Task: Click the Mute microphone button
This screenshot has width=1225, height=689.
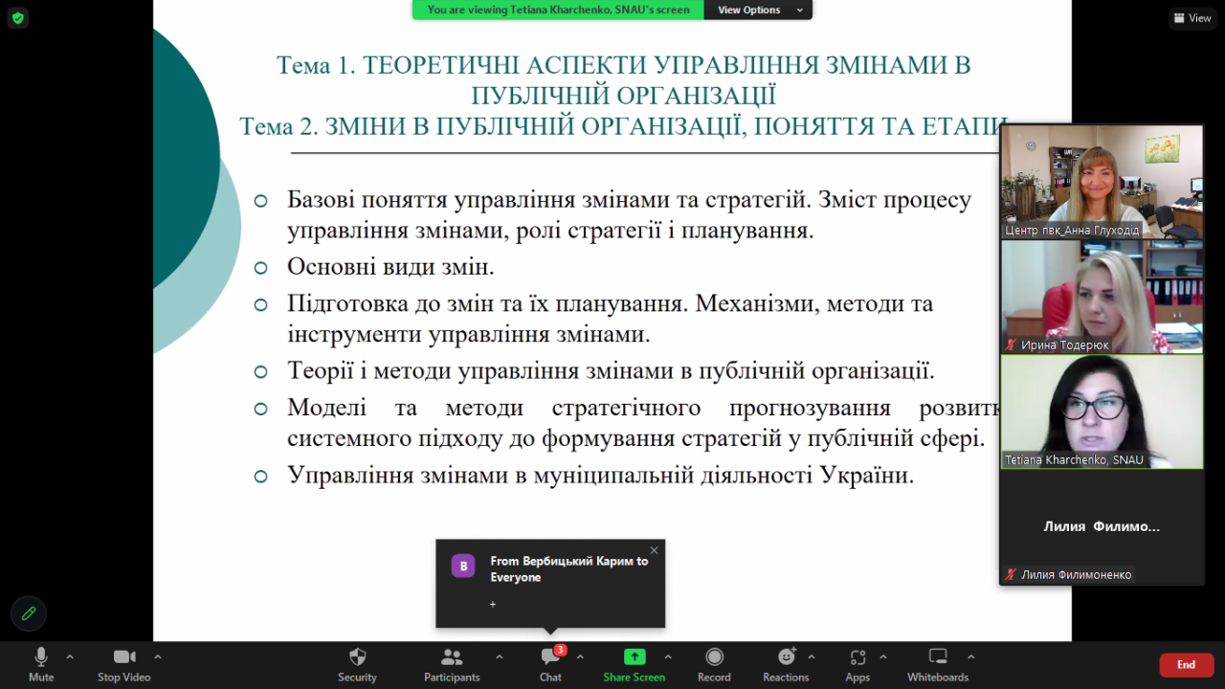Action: [x=41, y=664]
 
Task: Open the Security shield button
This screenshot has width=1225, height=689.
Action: [x=357, y=664]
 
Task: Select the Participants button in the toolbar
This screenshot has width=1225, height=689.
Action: [x=452, y=664]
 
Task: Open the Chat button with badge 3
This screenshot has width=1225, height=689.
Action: [x=550, y=664]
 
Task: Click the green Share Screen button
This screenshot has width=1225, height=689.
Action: [x=635, y=664]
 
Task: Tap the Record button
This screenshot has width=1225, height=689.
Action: [x=714, y=664]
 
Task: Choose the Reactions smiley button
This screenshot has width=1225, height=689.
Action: [x=786, y=664]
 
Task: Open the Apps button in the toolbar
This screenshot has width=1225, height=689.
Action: [x=857, y=664]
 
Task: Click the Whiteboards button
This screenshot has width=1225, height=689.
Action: [x=938, y=664]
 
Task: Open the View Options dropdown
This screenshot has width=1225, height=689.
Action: [x=758, y=10]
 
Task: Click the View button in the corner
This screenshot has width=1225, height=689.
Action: [x=1192, y=18]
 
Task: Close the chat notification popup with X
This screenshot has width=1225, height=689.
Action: [x=654, y=550]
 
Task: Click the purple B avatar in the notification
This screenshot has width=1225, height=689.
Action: [x=463, y=566]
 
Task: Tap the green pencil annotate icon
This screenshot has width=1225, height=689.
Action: [x=29, y=613]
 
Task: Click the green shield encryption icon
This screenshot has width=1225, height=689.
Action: [x=18, y=18]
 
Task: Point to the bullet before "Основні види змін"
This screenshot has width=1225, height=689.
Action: [x=261, y=267]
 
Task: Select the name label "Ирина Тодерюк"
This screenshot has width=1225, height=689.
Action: [x=1065, y=345]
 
